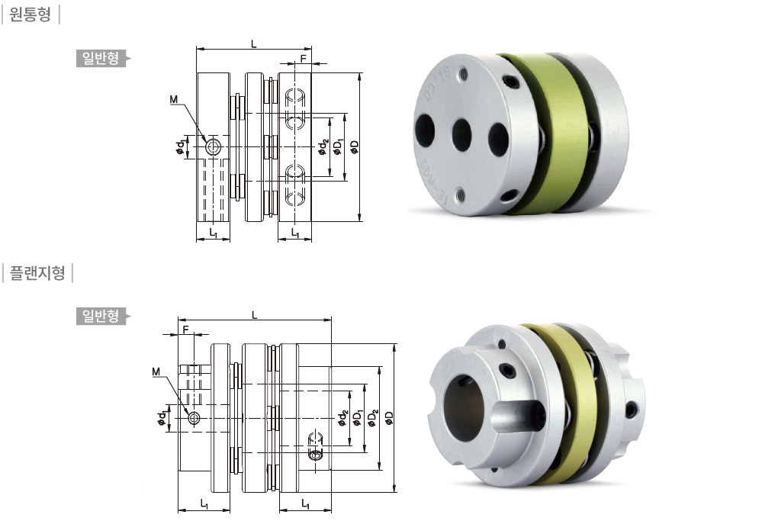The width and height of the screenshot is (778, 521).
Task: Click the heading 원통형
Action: coord(31,14)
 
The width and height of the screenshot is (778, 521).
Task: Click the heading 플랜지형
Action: coord(37,272)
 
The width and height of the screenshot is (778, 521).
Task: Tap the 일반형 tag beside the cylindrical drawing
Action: coord(101,59)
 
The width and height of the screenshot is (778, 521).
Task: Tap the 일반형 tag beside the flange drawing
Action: coord(101,316)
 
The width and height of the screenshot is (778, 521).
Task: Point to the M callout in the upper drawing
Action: coord(173,100)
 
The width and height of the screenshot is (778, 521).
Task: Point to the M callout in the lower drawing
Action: coord(156,371)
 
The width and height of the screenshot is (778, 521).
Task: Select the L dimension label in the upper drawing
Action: coord(253,43)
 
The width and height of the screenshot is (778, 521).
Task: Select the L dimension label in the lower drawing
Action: coord(255,315)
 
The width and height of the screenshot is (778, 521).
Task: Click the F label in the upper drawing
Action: coord(303,58)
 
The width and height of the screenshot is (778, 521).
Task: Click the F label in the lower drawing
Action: coord(185,330)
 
